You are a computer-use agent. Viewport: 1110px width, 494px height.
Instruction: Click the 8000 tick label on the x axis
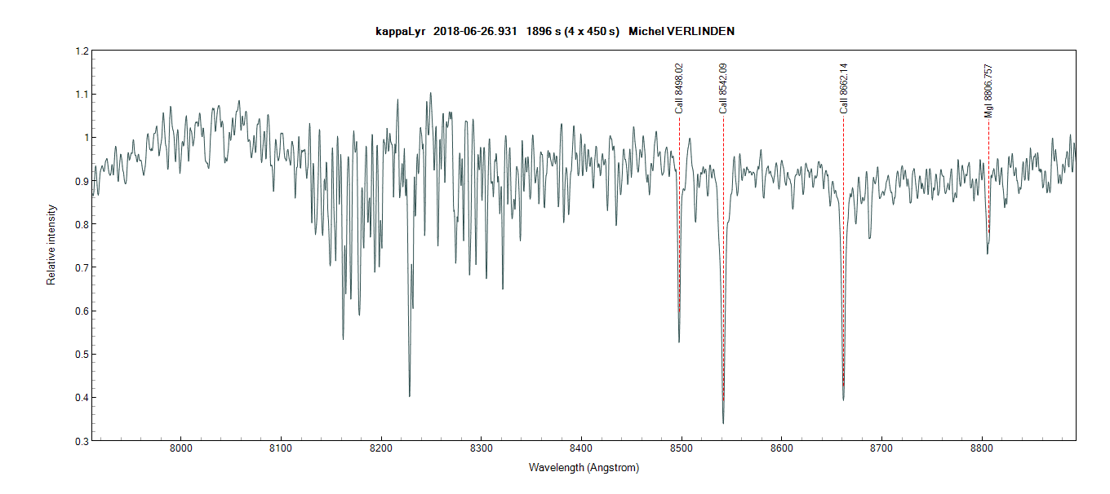[180, 449]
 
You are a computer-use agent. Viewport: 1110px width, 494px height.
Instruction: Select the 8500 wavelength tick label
[682, 449]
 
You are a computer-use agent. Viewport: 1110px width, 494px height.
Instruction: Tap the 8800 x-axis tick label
[982, 449]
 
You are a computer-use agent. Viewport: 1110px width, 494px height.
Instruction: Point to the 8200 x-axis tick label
[381, 449]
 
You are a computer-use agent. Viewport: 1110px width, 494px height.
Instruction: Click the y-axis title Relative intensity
[51, 245]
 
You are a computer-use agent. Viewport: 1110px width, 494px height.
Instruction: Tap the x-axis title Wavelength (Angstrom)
[584, 468]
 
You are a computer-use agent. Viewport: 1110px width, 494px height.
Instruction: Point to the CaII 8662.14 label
[844, 88]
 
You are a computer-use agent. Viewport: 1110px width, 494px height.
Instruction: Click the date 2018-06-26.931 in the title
[476, 31]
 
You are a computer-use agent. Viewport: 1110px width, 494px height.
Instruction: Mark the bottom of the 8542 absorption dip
[723, 423]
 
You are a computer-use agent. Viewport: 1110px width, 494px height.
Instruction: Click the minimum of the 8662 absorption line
[843, 399]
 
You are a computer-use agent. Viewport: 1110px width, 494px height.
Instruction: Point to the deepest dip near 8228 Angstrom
[410, 396]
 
